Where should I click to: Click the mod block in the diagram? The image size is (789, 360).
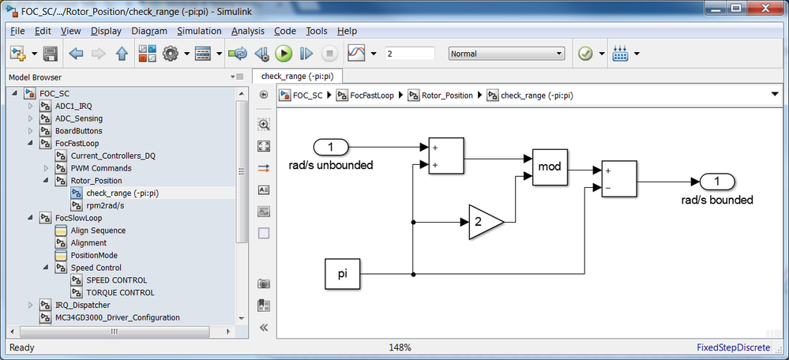(550, 167)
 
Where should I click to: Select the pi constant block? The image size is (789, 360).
(342, 274)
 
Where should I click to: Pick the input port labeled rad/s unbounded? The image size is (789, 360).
(331, 148)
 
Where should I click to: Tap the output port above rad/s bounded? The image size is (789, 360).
(718, 182)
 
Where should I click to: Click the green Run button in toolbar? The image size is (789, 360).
(284, 54)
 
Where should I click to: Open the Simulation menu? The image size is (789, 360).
(199, 31)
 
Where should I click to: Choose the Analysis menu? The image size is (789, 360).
(247, 31)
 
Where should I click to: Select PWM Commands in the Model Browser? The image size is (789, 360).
(101, 168)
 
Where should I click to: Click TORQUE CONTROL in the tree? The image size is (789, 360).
(120, 292)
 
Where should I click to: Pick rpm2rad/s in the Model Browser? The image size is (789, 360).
(105, 205)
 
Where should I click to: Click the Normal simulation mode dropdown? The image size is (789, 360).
(506, 54)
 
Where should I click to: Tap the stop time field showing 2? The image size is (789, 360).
(410, 54)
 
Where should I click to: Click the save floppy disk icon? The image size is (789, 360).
(50, 54)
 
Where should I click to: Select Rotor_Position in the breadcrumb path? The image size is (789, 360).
(447, 95)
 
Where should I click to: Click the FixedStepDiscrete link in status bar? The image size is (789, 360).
(733, 347)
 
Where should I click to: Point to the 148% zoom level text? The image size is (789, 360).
(400, 347)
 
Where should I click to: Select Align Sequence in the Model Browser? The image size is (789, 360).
(98, 231)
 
